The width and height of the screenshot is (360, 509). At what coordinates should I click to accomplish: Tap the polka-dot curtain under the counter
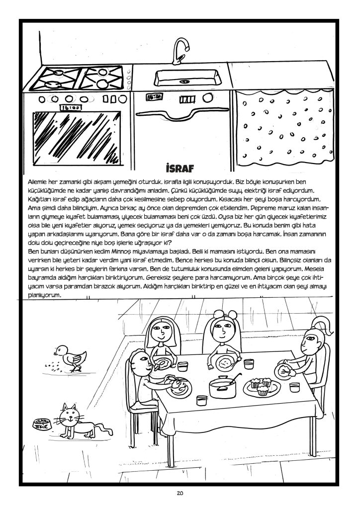(x=283, y=129)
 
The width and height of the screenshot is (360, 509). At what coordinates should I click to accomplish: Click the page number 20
(x=180, y=494)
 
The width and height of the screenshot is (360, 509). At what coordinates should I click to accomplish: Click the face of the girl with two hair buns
(x=221, y=330)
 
